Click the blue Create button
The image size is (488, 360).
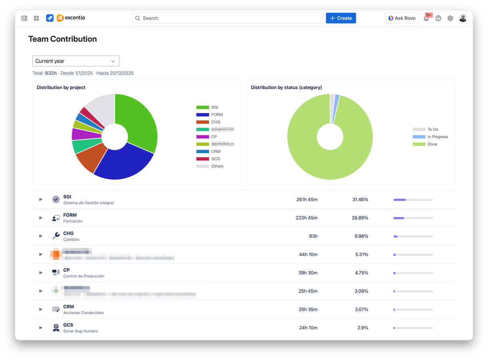(341, 18)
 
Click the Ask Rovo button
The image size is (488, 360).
(402, 18)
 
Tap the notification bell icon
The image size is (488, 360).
(426, 18)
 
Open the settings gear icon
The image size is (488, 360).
(450, 18)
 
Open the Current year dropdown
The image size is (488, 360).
(76, 61)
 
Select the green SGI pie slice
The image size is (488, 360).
(140, 120)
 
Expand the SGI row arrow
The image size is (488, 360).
(41, 199)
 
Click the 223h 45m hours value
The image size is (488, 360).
(307, 218)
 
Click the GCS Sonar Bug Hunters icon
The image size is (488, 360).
(56, 328)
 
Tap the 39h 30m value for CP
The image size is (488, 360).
(308, 273)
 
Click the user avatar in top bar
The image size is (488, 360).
(463, 18)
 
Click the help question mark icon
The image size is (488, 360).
(438, 18)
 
